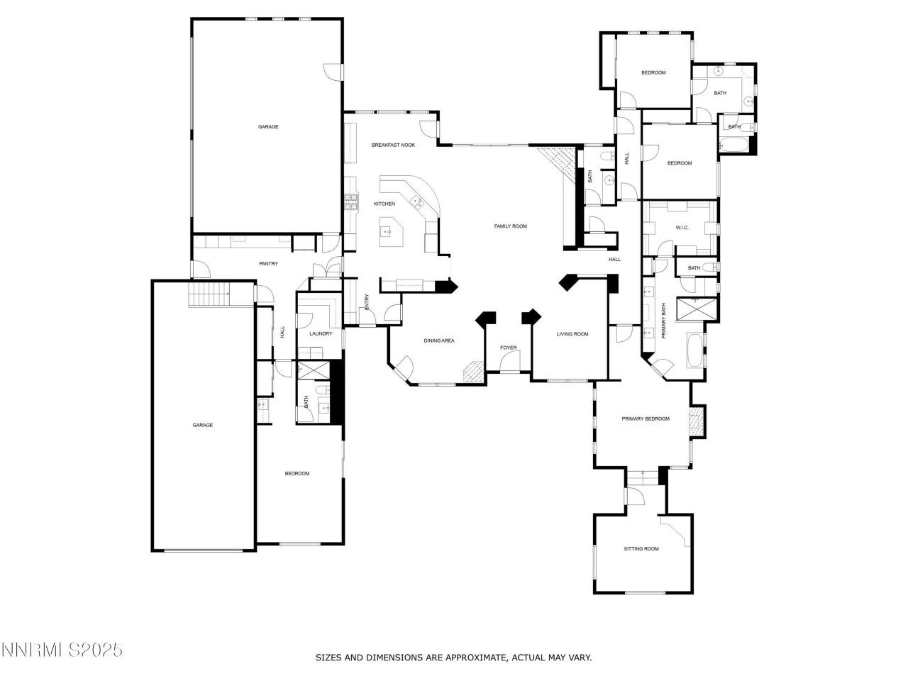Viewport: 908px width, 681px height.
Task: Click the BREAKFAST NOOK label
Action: click(393, 145)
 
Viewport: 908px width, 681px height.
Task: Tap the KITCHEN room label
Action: click(384, 204)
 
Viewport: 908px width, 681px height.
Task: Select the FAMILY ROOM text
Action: click(511, 226)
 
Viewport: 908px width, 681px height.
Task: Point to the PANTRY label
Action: click(268, 264)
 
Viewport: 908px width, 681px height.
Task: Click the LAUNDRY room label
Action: click(321, 334)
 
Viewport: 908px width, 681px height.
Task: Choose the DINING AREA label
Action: click(439, 341)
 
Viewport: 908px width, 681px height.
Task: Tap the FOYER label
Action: click(509, 348)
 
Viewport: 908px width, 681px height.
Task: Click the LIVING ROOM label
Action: click(572, 334)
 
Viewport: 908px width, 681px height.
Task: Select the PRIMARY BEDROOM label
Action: click(646, 419)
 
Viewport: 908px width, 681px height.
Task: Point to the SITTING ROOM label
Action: click(641, 549)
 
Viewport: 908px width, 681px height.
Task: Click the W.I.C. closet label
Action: click(682, 228)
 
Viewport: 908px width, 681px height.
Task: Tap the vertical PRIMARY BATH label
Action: click(664, 321)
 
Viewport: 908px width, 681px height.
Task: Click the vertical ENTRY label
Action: click(367, 301)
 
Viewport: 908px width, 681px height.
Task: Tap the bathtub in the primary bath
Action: click(694, 350)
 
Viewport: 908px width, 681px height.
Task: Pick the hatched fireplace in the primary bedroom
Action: click(697, 421)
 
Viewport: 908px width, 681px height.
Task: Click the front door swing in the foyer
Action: click(509, 363)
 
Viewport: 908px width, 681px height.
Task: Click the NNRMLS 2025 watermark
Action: click(62, 650)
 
